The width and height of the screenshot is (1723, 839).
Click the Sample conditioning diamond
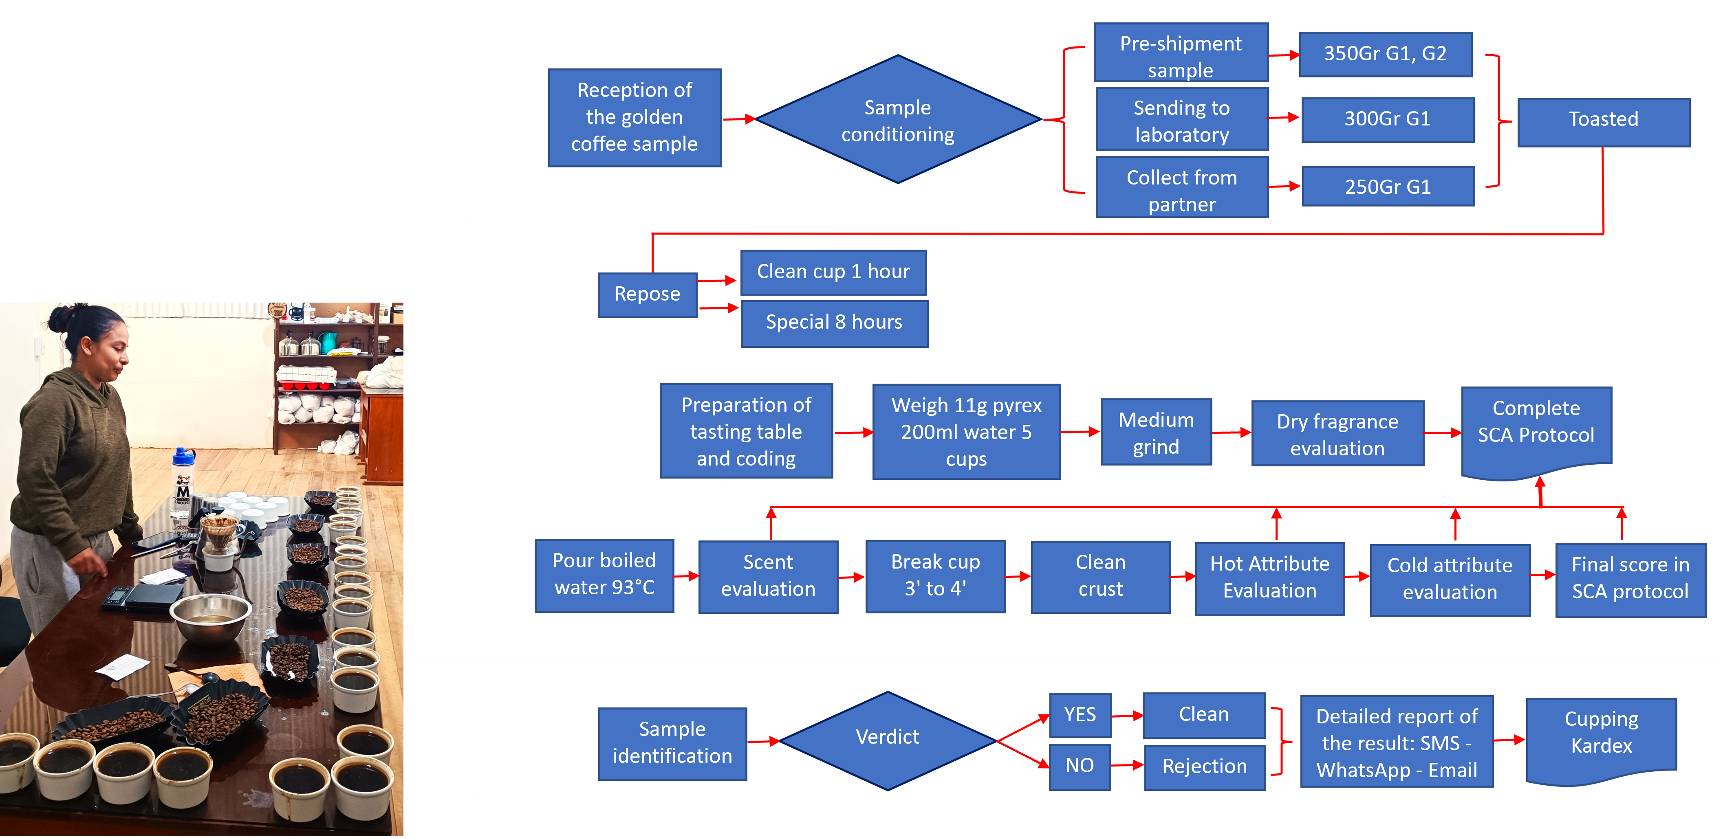[x=898, y=120]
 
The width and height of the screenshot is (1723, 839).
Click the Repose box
[x=647, y=294]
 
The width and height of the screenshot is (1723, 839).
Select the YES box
[x=1080, y=715]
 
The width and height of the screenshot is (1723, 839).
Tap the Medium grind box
[x=1156, y=433]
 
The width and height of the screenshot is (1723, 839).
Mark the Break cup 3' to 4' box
[x=935, y=575]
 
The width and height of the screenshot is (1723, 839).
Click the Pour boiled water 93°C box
[x=604, y=574]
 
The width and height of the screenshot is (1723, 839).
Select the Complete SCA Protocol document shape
[x=1536, y=428]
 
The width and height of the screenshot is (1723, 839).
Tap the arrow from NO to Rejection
[x=1127, y=765]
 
